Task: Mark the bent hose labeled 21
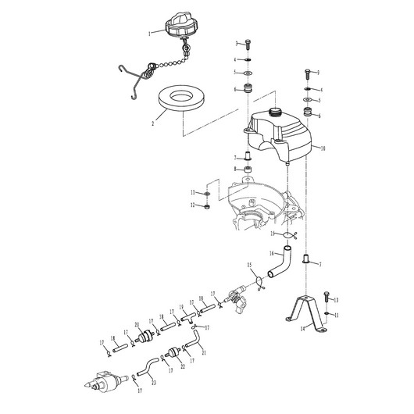(196, 341)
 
